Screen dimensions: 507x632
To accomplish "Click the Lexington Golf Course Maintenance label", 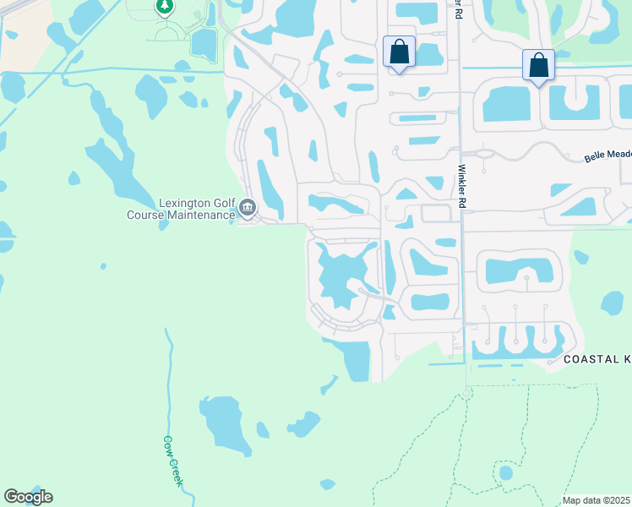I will pyautogui.click(x=181, y=209).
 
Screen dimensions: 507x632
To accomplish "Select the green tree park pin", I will pyautogui.click(x=165, y=7).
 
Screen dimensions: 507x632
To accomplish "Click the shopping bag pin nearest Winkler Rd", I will pyautogui.click(x=399, y=52).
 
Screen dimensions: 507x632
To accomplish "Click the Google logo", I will pyautogui.click(x=28, y=497).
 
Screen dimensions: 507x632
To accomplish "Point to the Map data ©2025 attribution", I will pyautogui.click(x=597, y=500).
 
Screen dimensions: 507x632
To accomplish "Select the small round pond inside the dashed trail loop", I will pyautogui.click(x=505, y=472).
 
